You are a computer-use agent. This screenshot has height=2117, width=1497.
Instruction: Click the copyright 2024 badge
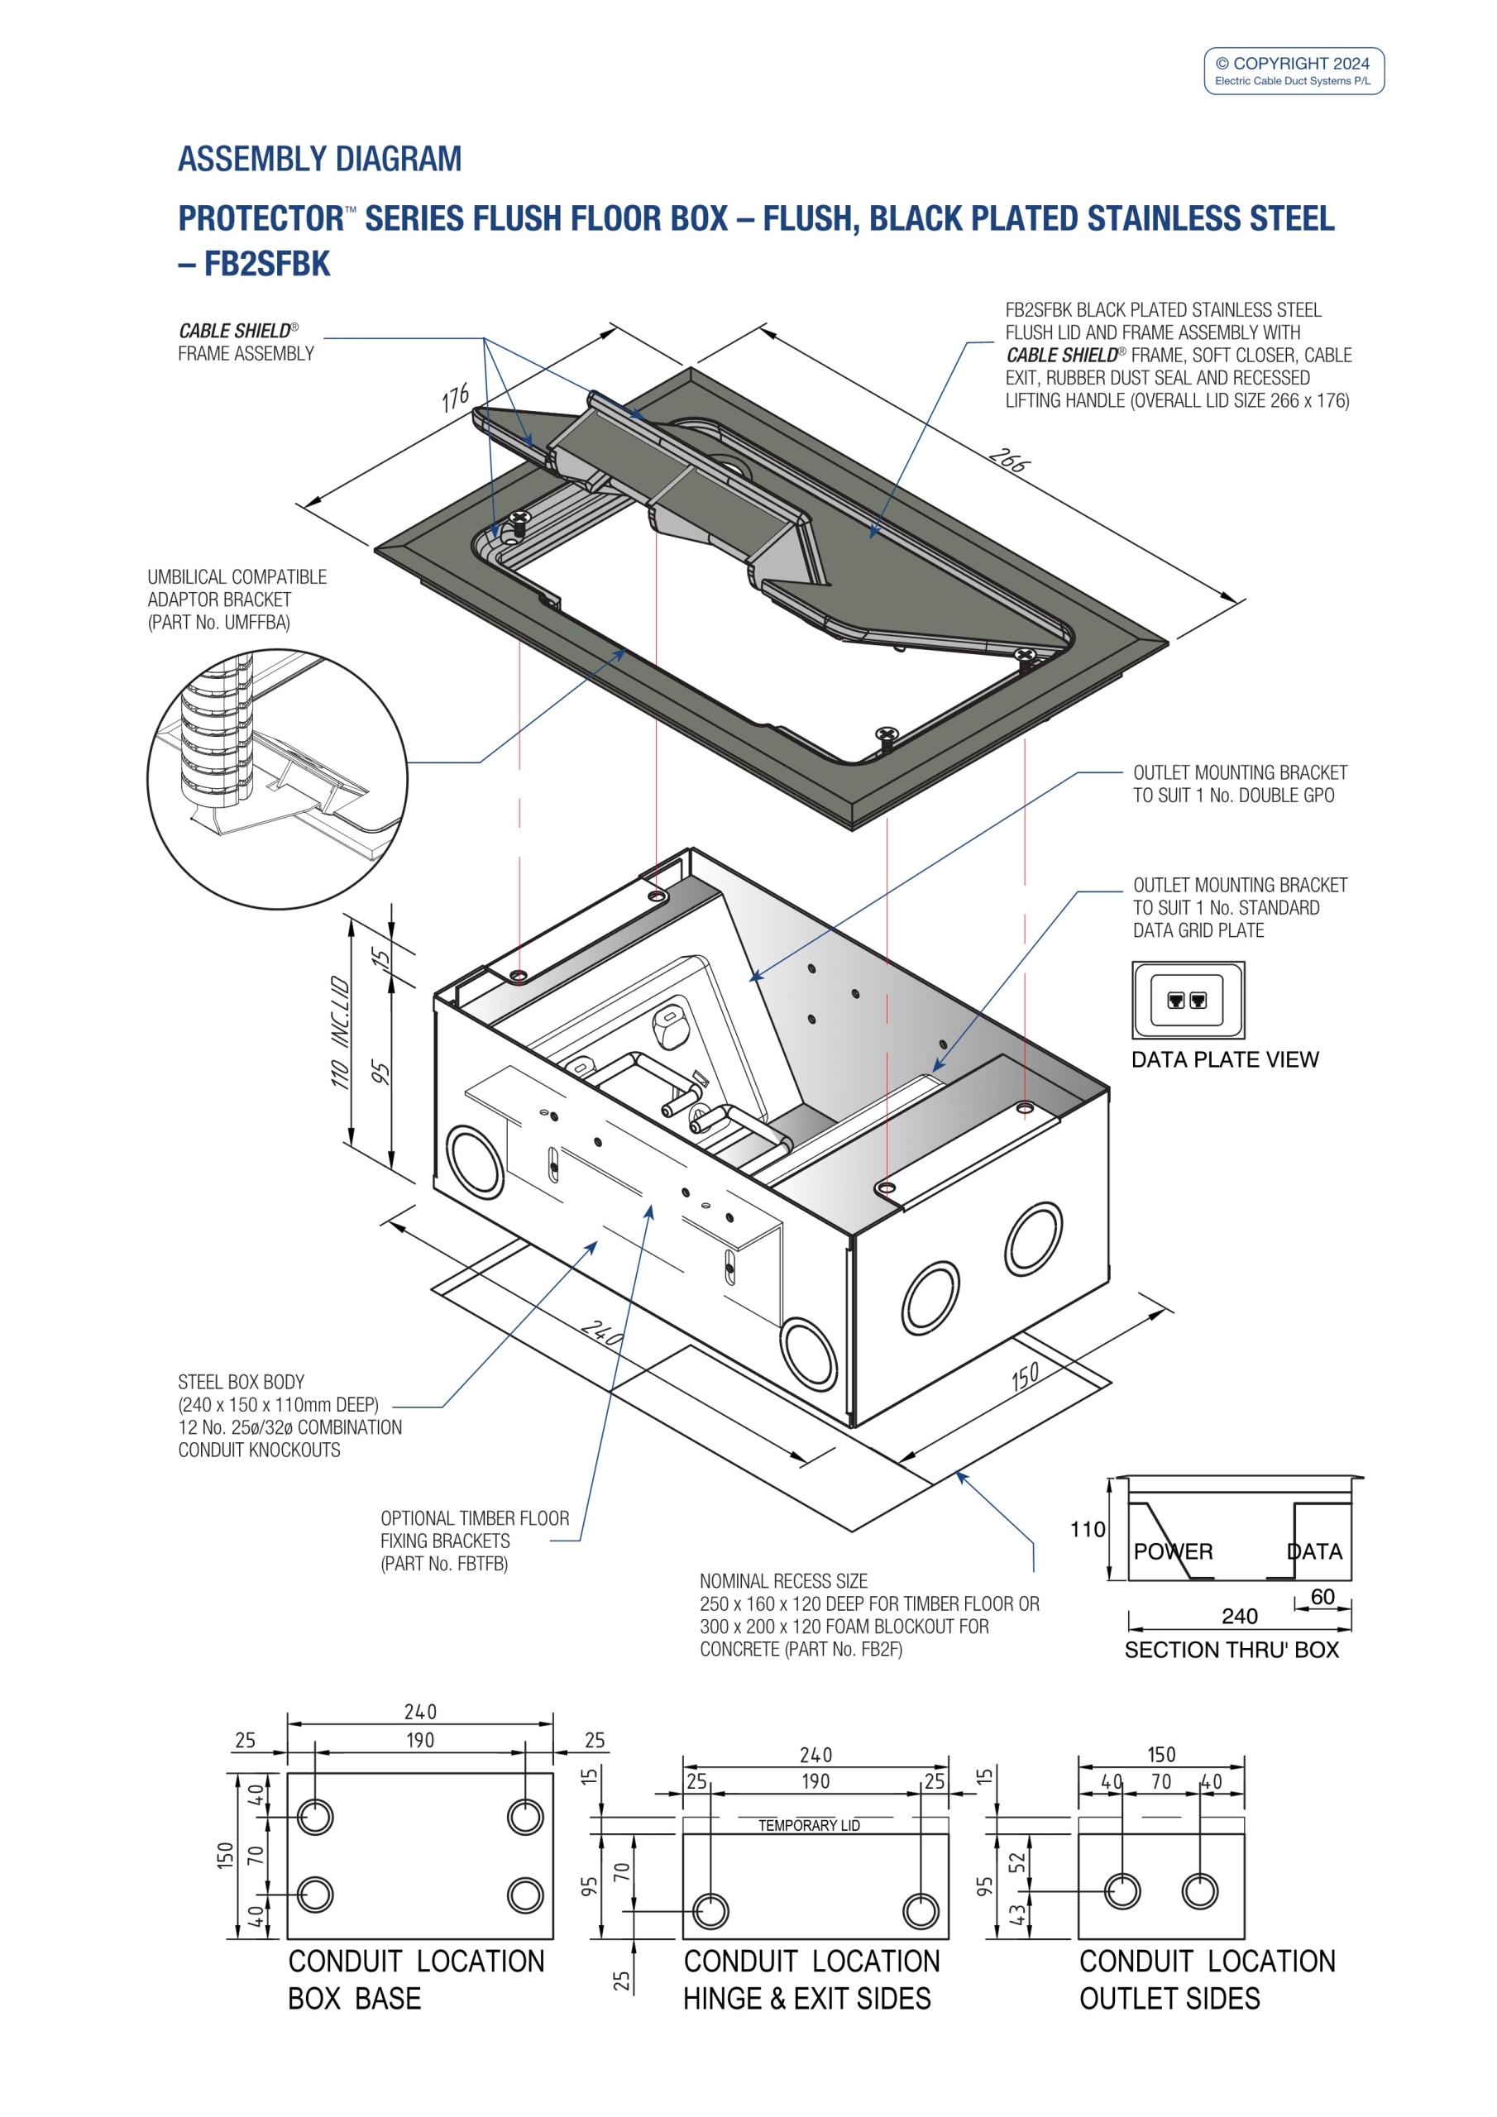tap(1294, 71)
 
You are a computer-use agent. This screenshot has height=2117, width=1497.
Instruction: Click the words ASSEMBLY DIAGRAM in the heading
tap(319, 159)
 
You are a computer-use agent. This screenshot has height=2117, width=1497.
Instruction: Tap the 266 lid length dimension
tap(1008, 460)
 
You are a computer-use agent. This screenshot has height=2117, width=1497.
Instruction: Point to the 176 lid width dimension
tap(456, 399)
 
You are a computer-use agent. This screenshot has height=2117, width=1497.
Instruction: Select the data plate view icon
tap(1187, 1000)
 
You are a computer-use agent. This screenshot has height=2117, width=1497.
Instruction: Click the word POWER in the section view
tap(1172, 1552)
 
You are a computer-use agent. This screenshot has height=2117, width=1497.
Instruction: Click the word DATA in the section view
tap(1314, 1552)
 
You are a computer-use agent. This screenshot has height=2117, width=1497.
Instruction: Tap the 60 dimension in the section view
tap(1322, 1597)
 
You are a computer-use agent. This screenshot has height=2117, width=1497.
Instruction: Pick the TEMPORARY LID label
tap(809, 1826)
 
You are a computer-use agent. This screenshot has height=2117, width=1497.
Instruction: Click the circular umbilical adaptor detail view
tap(277, 779)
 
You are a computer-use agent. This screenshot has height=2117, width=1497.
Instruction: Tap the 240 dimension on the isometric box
tap(601, 1333)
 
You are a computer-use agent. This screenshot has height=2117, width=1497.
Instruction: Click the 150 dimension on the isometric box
tap(1025, 1377)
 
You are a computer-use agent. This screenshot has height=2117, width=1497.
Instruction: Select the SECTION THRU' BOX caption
tap(1231, 1650)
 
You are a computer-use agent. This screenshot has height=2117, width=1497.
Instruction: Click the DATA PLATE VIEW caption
tap(1224, 1059)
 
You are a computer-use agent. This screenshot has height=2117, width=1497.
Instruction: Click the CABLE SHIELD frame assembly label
tap(246, 342)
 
